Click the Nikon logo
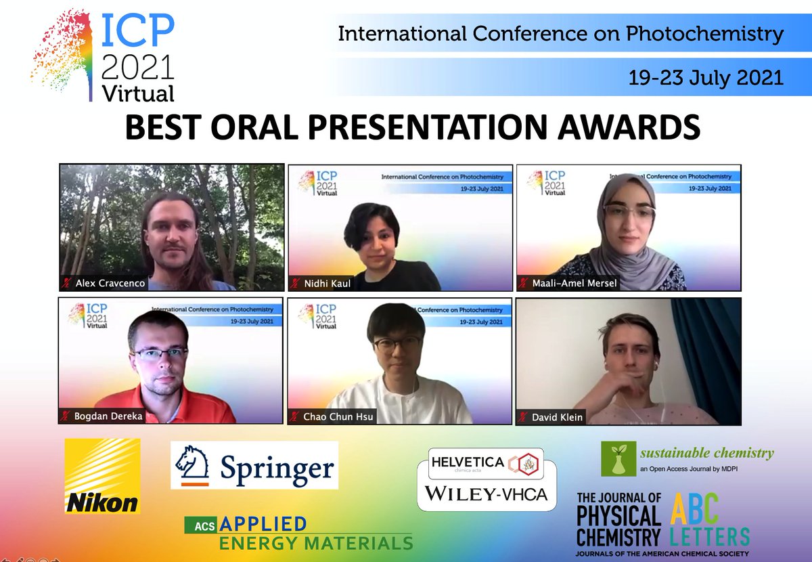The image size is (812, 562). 102,475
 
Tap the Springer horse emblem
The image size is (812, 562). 191,465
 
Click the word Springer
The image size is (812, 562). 276,467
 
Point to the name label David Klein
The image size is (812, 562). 557,416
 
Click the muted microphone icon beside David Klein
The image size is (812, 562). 523,416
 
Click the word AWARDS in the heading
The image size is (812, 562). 613,127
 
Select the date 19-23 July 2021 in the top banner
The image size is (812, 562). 706,77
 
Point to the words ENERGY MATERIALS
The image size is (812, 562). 315,542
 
